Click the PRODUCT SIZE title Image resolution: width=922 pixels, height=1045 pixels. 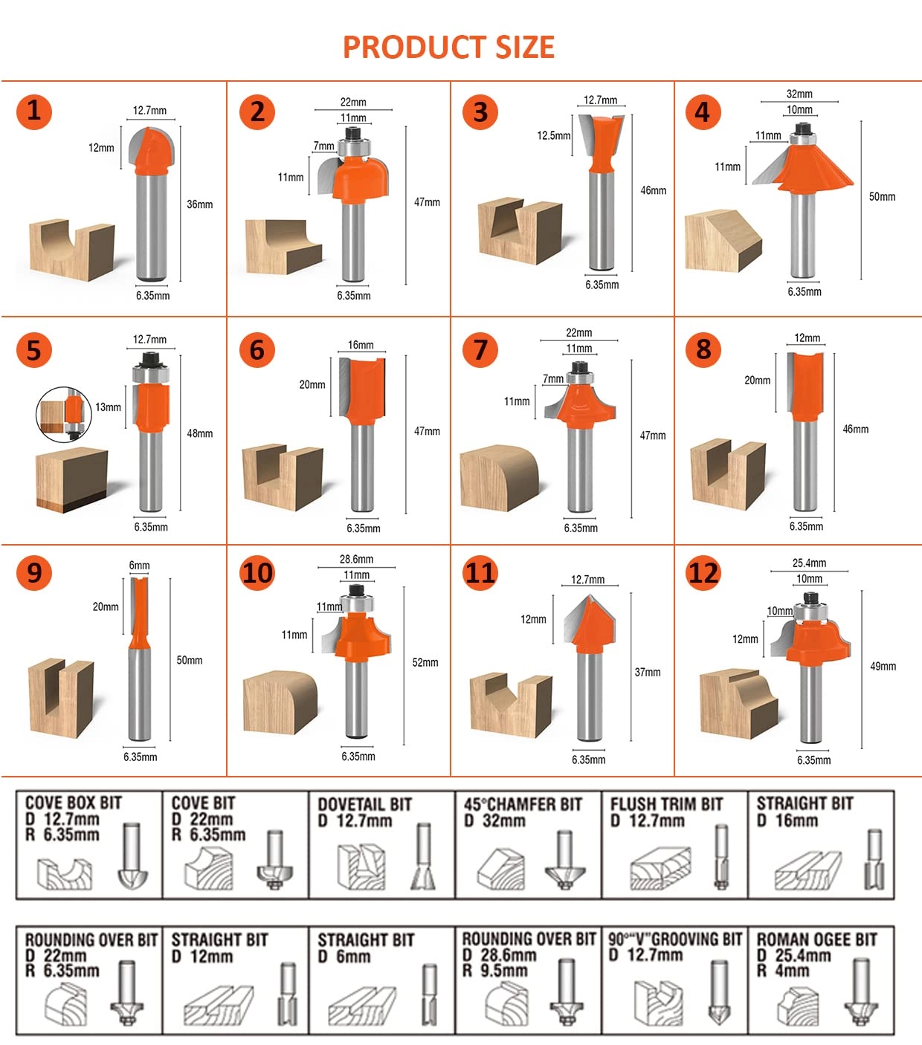pos(448,47)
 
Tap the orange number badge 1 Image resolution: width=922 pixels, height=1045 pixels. pos(33,111)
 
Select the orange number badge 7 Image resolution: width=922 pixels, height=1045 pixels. pos(480,350)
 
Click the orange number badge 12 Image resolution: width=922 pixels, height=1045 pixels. pos(703,573)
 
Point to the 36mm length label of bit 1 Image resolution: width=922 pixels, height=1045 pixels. pos(199,204)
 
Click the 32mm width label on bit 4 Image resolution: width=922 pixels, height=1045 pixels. pos(799,94)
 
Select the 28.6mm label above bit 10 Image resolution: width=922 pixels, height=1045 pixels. pos(356,560)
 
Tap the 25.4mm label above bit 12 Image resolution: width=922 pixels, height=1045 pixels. pos(809,563)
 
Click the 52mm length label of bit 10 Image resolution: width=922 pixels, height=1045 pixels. pos(425,662)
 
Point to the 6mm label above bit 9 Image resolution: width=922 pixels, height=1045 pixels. pos(139,566)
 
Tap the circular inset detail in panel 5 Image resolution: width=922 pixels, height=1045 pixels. pos(64,413)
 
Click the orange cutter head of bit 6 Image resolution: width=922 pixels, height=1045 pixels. pos(364,386)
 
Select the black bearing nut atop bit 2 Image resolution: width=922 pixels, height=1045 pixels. pos(353,133)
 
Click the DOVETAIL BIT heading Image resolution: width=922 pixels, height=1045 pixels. pos(364,804)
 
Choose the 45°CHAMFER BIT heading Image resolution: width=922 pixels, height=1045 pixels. pos(523,804)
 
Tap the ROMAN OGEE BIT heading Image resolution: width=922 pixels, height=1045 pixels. pos(816,939)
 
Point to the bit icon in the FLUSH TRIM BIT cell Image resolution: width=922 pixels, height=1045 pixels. pos(720,856)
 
